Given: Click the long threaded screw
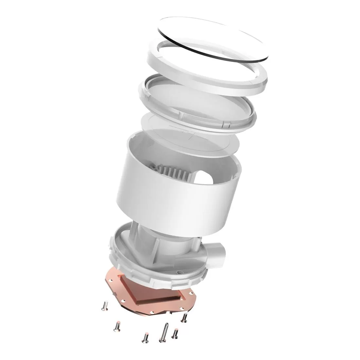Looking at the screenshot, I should pos(163,333).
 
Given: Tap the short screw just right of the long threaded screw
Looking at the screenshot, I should pos(176,333).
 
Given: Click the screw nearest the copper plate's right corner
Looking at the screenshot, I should pos(185,317).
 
